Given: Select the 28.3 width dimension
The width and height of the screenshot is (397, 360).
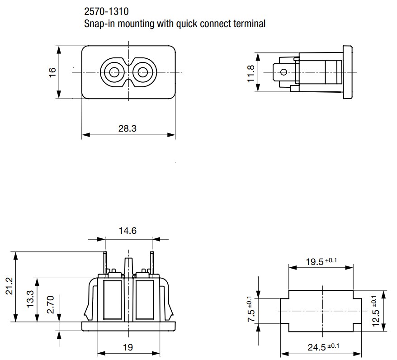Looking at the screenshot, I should point(127,128).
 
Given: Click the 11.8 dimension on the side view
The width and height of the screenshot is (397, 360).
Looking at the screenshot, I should point(251,72).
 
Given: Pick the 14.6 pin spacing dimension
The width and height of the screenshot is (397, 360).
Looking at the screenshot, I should point(128,231).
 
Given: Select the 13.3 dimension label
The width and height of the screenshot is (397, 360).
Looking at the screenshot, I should point(29,299).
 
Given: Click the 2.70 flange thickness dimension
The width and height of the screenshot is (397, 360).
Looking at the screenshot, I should point(51,305).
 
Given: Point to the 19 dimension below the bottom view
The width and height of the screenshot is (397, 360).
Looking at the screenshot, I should point(128,347).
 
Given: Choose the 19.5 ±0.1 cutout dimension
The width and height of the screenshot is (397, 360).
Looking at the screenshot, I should point(321,261).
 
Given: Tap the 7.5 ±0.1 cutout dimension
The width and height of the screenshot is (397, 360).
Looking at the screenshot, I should point(250,310).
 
